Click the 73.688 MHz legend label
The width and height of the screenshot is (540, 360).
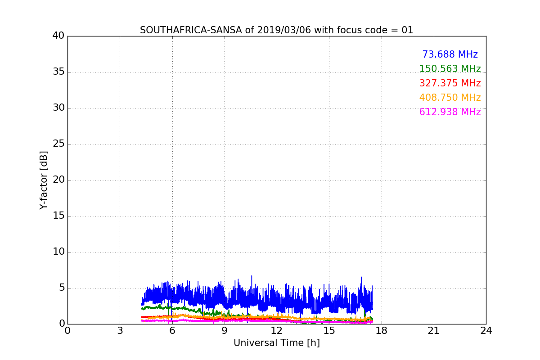click(x=450, y=54)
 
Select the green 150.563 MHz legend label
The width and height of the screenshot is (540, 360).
click(x=450, y=69)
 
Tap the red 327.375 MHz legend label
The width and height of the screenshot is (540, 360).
click(x=450, y=83)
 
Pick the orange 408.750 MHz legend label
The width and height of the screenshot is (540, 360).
click(x=450, y=98)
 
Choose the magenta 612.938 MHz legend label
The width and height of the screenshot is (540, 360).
click(x=450, y=112)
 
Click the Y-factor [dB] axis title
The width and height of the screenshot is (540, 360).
click(x=44, y=180)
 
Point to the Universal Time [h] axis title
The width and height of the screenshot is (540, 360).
click(x=276, y=343)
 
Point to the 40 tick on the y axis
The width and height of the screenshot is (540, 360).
click(x=58, y=36)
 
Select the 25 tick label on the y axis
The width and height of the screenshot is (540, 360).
click(x=58, y=144)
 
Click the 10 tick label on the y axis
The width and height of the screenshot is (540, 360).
click(x=58, y=252)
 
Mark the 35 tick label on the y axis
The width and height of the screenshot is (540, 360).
click(x=58, y=72)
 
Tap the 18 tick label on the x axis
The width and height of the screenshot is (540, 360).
click(x=381, y=331)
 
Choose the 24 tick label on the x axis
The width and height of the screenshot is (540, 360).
click(x=486, y=331)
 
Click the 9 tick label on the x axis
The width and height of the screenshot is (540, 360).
click(x=225, y=331)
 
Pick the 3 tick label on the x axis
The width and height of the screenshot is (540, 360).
click(x=120, y=331)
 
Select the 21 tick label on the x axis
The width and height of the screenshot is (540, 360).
click(x=434, y=331)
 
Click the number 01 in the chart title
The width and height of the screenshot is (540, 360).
click(x=407, y=30)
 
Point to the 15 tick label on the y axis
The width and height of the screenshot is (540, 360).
click(x=58, y=216)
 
